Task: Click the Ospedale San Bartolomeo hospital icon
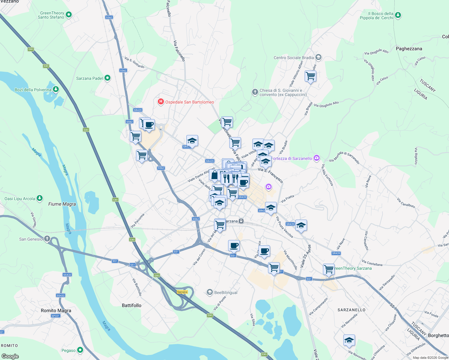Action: click(x=161, y=102)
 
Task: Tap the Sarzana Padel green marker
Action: click(x=107, y=78)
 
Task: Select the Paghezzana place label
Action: click(x=409, y=49)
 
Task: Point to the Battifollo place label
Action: click(x=131, y=305)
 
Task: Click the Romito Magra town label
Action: click(x=56, y=310)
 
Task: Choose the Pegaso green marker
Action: click(x=80, y=350)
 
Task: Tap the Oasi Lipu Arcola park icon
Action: click(x=40, y=198)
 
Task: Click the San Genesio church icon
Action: click(x=47, y=239)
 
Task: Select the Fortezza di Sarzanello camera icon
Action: click(x=316, y=158)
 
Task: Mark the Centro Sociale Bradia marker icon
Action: click(x=318, y=57)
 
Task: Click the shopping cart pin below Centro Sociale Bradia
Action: click(x=310, y=76)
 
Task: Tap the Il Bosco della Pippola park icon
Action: click(x=398, y=15)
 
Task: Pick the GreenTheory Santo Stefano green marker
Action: click(x=69, y=14)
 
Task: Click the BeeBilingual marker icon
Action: click(x=210, y=292)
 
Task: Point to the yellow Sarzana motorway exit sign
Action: click(x=182, y=292)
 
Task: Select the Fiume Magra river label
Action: click(x=62, y=204)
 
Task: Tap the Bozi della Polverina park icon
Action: click(x=56, y=89)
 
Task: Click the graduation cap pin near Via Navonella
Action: click(x=349, y=340)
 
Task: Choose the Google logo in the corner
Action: click(x=10, y=356)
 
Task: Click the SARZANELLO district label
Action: click(x=351, y=310)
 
